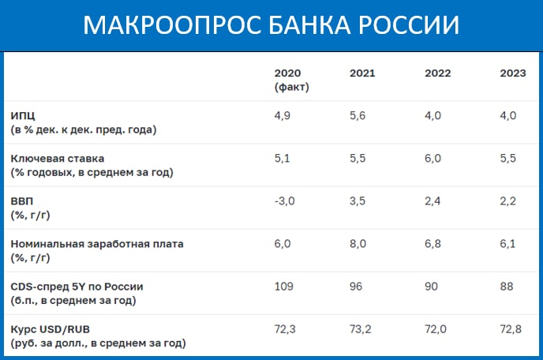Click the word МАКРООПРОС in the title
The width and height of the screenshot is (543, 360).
click(x=172, y=25)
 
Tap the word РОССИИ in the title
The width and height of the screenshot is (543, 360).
click(x=409, y=25)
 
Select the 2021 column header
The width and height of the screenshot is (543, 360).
click(x=362, y=73)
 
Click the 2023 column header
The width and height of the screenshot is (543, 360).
click(x=513, y=73)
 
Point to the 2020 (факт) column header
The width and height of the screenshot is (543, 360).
click(x=291, y=80)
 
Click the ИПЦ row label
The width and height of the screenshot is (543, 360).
click(x=23, y=115)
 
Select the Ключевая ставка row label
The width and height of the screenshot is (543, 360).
click(x=58, y=159)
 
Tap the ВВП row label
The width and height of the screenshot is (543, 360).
click(x=22, y=201)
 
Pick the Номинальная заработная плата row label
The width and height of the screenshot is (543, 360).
click(x=97, y=244)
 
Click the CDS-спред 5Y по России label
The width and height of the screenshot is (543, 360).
click(x=77, y=287)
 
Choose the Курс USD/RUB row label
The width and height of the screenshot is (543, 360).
click(x=51, y=329)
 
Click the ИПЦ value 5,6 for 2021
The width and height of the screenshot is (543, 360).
click(x=358, y=116)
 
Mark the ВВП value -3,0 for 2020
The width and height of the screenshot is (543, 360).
click(x=284, y=201)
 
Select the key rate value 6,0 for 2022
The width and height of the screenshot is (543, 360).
click(x=433, y=159)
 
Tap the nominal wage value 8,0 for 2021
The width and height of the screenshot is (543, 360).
click(x=358, y=244)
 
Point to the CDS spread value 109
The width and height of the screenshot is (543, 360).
click(x=283, y=287)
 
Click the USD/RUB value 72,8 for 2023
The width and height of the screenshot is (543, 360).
click(x=511, y=329)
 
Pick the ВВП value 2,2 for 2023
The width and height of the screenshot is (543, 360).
click(x=507, y=201)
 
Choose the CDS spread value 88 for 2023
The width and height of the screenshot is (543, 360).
click(x=506, y=287)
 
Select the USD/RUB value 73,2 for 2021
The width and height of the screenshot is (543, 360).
click(x=360, y=329)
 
